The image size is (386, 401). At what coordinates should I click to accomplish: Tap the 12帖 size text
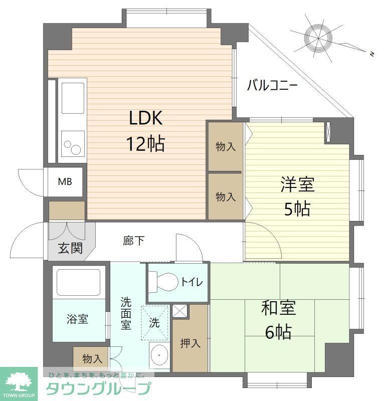tap(145, 144)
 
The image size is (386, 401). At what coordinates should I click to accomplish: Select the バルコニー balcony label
tap(272, 86)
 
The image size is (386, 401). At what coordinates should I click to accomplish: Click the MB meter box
tap(65, 181)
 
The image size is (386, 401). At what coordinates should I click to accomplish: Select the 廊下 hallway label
tap(134, 241)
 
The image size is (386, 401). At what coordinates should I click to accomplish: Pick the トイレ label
tap(191, 282)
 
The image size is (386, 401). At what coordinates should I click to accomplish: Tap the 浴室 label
tap(78, 319)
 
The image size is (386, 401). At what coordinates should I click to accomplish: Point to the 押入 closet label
tap(190, 343)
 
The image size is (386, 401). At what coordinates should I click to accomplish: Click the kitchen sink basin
tap(73, 98)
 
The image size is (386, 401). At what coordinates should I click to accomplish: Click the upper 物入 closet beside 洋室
tap(226, 146)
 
